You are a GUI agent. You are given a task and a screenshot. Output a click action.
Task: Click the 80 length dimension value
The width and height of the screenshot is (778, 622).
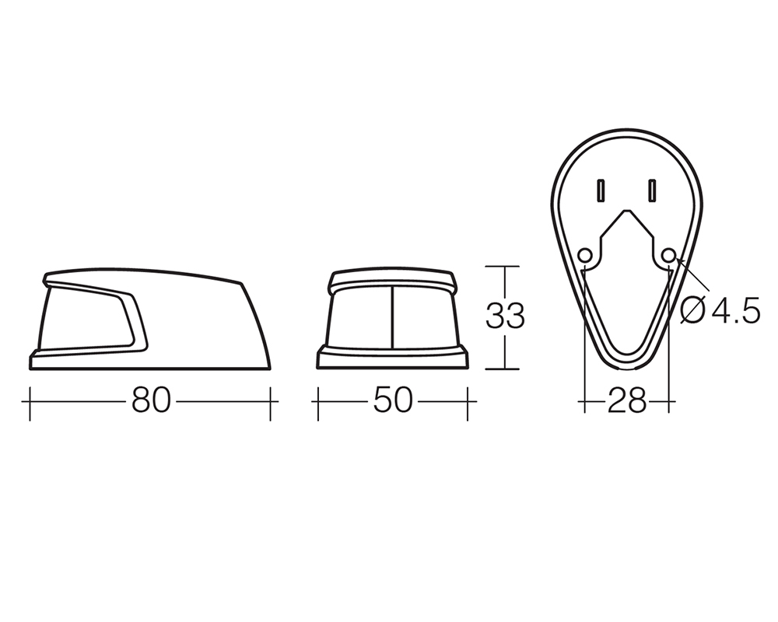pyautogui.click(x=152, y=400)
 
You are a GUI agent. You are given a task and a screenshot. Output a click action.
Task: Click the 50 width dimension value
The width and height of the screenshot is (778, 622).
pyautogui.click(x=392, y=400)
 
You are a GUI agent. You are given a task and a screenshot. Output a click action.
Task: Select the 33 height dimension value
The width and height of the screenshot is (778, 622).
pyautogui.click(x=505, y=316)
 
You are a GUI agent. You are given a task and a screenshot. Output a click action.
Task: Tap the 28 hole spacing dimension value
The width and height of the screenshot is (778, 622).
pyautogui.click(x=627, y=400)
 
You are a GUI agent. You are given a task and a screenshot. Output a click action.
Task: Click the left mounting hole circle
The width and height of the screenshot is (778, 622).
pyautogui.click(x=586, y=255)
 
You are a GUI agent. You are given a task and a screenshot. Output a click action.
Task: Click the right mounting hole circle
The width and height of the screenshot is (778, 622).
pyautogui.click(x=669, y=255)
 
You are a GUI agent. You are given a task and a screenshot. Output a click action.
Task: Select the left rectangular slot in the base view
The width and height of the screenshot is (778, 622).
pyautogui.click(x=601, y=190)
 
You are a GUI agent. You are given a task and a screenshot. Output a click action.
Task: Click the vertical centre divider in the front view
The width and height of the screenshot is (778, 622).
pyautogui.click(x=392, y=317)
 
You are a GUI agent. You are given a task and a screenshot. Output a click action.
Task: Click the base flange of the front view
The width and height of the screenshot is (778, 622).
pyautogui.click(x=392, y=358)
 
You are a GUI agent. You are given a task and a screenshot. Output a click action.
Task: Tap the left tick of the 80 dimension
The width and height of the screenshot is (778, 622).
pyautogui.click(x=30, y=400)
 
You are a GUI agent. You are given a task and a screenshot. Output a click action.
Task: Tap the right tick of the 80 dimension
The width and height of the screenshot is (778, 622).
pyautogui.click(x=271, y=400)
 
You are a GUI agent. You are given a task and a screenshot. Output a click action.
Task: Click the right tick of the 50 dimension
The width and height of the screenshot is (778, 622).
pyautogui.click(x=468, y=400)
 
